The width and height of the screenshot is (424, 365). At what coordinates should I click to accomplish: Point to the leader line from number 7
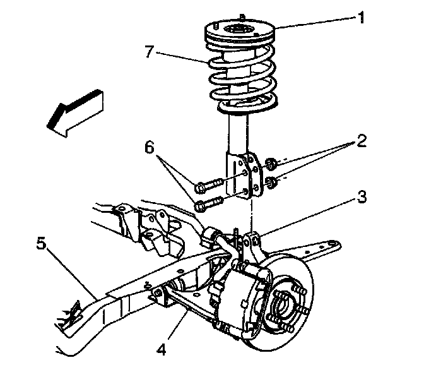point(183,57)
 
